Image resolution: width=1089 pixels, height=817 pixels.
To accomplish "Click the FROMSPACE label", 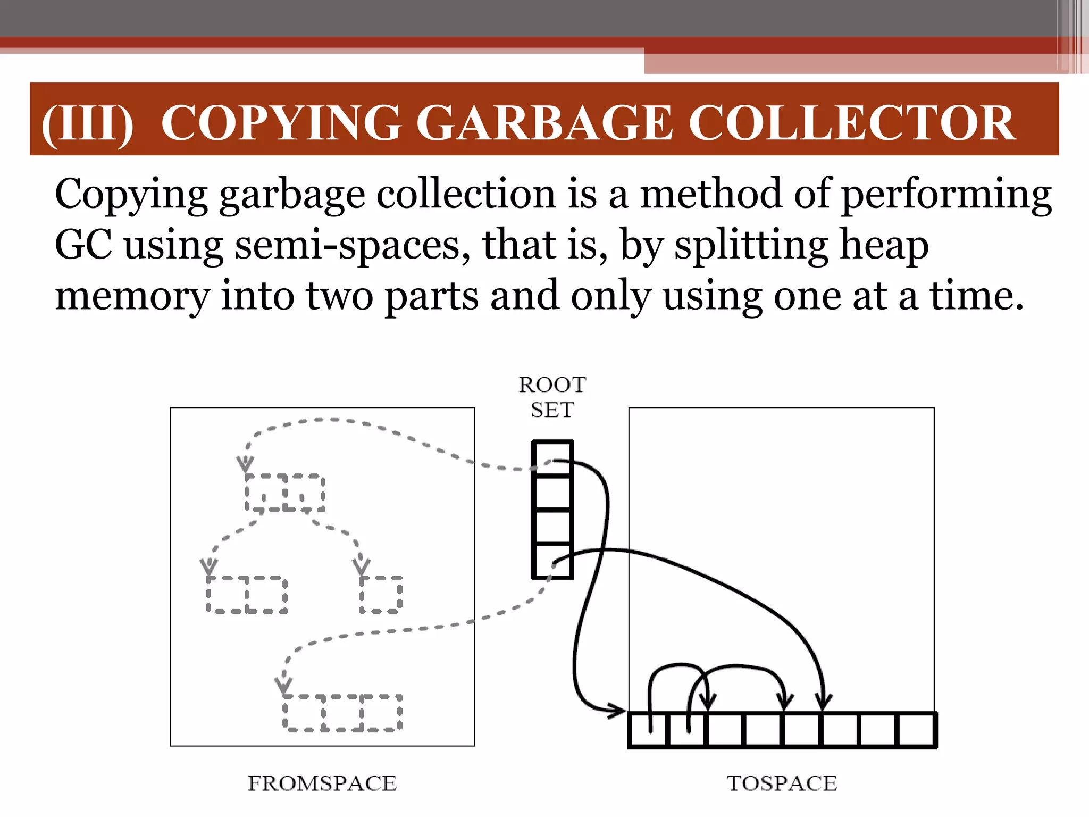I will point(322,783).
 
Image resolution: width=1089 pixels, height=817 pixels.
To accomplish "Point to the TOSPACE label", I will point(782,783).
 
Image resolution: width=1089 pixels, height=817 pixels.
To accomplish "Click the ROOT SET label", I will point(552,397).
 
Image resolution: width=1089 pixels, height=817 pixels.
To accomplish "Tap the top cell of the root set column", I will point(552,458).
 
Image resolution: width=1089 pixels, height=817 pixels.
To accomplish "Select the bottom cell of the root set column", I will point(552,561).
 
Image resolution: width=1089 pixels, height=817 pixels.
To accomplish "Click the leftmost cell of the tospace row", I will point(648,730).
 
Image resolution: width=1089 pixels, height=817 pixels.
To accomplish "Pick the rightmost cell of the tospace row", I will point(916,730).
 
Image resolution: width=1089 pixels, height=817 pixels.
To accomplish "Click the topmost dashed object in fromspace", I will point(285,493).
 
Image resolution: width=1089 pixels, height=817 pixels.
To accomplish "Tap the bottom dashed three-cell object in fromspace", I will point(342,713).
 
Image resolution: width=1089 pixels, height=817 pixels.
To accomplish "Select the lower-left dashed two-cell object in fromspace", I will point(247,594).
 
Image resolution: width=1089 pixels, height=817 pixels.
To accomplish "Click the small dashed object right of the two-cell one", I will point(381,594).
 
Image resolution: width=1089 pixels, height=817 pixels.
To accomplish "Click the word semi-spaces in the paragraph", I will point(352,246).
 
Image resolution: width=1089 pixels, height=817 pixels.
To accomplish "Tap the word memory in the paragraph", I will point(132,296).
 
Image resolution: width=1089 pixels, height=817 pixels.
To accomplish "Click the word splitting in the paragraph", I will point(750,246).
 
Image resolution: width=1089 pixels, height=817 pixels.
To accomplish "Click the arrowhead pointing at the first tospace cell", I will point(618,710).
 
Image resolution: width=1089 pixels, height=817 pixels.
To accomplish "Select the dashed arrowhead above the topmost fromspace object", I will point(245,464).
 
